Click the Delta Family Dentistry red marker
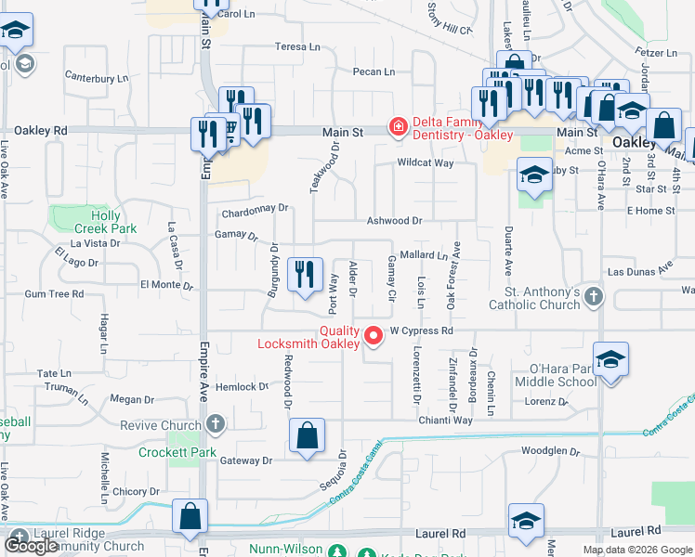(x=397, y=126)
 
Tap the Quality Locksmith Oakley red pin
(x=374, y=335)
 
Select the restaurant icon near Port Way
(x=305, y=276)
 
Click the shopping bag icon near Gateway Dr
(x=307, y=437)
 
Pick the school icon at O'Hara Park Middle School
(x=610, y=361)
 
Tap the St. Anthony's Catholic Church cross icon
(x=595, y=297)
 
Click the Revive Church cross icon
(x=216, y=425)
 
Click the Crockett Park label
(x=177, y=453)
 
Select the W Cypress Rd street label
(x=421, y=330)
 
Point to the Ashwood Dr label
(x=394, y=221)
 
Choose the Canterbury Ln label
(x=97, y=77)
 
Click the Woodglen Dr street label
(x=550, y=452)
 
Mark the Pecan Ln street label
(x=374, y=71)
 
